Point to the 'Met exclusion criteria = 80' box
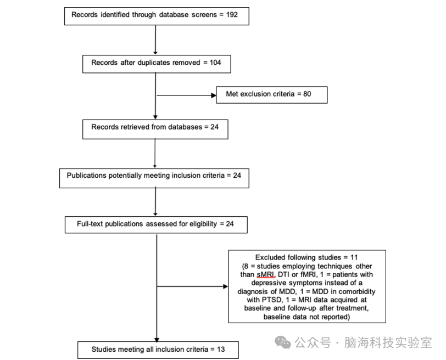[x=272, y=94]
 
